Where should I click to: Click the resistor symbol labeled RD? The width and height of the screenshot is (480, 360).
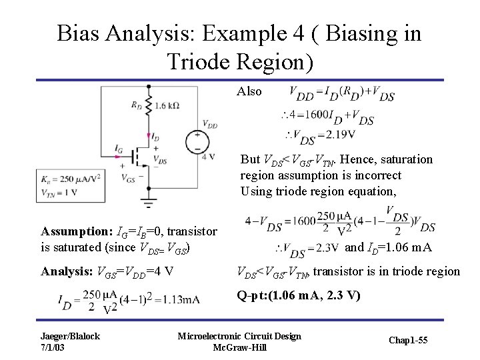tap(146, 105)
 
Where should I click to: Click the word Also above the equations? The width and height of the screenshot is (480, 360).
tap(249, 92)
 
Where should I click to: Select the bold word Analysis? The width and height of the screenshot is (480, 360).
tap(67, 271)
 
